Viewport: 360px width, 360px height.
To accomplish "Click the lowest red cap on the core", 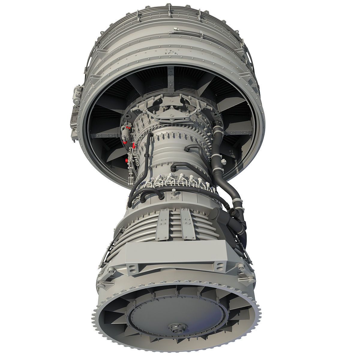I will [126, 160].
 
